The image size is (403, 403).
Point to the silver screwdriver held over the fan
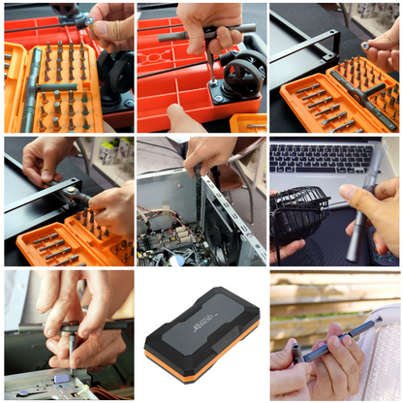(x=360, y=215)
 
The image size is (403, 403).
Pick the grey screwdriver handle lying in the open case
(x=35, y=86)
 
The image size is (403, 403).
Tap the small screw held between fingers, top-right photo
(x=366, y=45)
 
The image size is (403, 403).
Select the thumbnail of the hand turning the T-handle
(x=201, y=67)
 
